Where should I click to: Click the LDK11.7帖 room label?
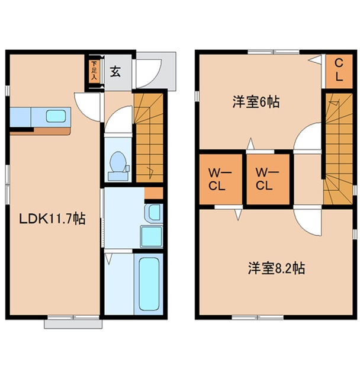point(52,219)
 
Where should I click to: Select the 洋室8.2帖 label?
point(276,268)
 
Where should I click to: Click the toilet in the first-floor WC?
point(118,164)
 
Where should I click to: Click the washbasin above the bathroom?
point(153,212)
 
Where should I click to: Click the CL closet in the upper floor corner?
point(336,70)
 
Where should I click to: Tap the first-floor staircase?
point(148,137)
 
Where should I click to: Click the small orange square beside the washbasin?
point(153,193)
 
